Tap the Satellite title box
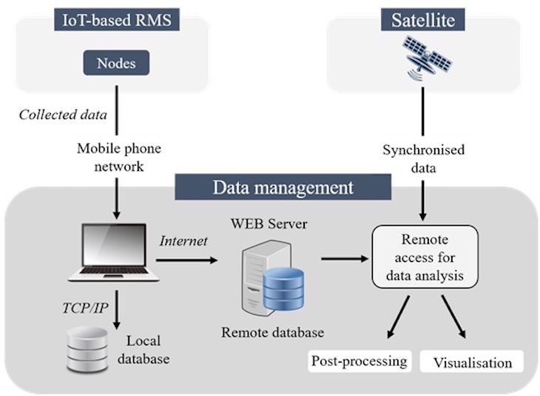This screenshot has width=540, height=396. (422, 19)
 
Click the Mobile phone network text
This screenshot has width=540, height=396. (119, 156)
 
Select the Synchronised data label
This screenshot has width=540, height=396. (423, 158)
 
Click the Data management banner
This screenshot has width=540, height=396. (284, 187)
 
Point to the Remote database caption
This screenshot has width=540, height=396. (272, 332)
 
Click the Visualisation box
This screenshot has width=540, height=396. (472, 363)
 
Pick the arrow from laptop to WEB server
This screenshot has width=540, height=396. (189, 260)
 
